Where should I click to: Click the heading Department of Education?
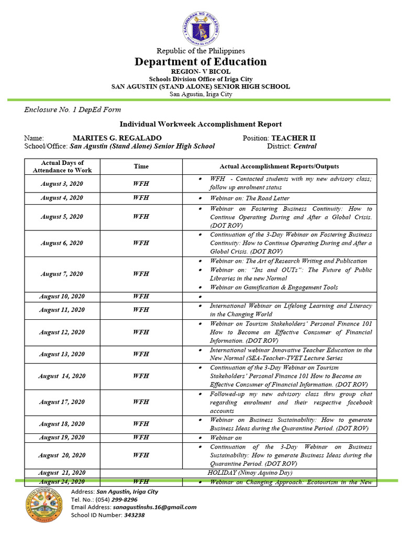coord(201,62)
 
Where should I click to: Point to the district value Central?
coord(305,147)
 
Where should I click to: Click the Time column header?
coord(141,166)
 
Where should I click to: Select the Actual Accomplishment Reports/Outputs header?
coord(279,166)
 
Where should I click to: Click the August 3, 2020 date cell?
coord(62,184)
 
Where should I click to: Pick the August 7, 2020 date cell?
coord(62,274)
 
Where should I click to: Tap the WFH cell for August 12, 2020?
coord(141,332)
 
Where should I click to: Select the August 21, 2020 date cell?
coord(62,472)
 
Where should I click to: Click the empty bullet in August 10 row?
coord(200,297)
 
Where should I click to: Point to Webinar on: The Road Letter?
coord(250,198)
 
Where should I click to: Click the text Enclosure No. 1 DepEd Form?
coord(72,109)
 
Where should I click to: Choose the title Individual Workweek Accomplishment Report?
coord(201,124)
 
